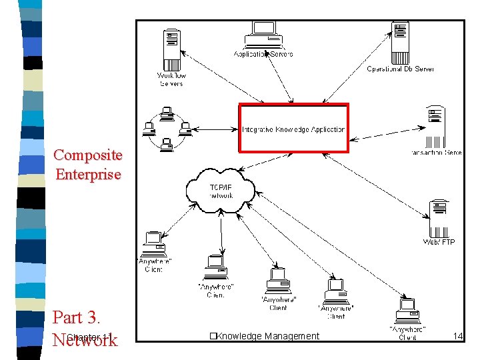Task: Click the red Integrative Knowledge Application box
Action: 294,128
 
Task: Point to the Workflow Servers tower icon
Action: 171,49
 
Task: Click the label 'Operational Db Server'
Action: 400,69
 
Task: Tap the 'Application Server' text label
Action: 263,54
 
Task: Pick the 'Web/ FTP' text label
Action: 439,242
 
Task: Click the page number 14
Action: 457,336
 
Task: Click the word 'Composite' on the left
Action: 88,155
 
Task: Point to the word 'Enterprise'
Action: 88,175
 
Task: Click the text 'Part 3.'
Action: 76,317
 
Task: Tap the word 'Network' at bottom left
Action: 85,340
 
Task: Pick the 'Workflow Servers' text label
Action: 171,79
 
